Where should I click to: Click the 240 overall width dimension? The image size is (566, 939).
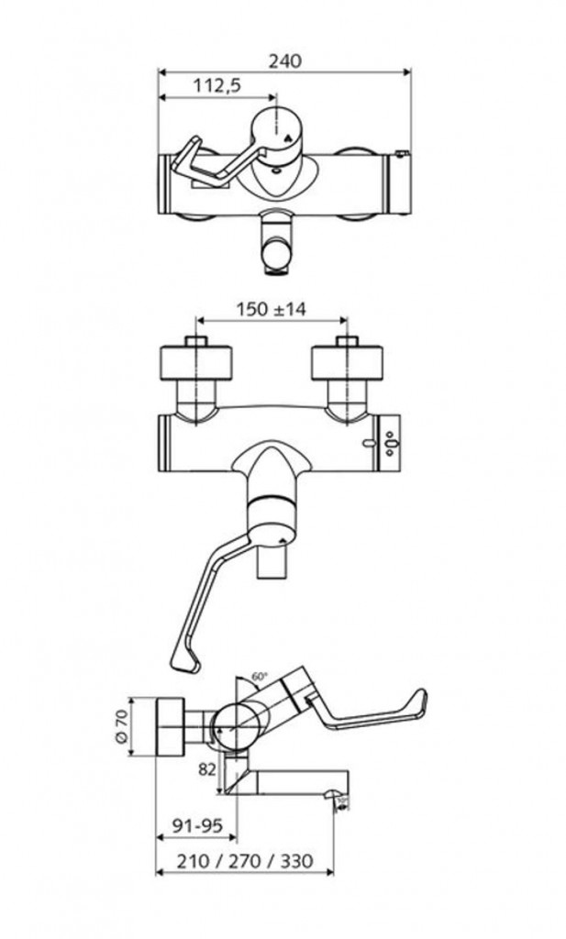pos(284,61)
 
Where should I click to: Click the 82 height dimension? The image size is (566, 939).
pos(206,768)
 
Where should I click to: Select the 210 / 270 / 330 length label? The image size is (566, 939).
pos(247,862)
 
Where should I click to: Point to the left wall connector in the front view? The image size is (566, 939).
pos(197,363)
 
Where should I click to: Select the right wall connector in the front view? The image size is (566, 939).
pos(347,363)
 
